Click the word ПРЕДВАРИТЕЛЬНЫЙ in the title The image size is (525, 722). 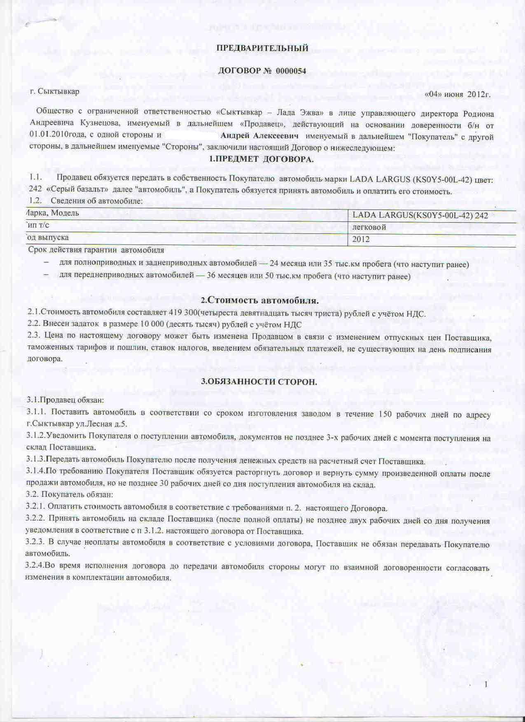pos(262,48)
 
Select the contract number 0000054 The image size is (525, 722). pos(291,70)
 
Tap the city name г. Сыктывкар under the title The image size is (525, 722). pos(54,91)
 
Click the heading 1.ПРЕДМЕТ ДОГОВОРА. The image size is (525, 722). pos(261,159)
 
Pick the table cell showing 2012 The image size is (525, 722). pos(361,239)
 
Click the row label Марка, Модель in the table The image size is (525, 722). pos(51,213)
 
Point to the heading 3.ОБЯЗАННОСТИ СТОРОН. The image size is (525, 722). pos(259,382)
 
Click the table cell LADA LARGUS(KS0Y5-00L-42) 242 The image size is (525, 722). pos(420,215)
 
